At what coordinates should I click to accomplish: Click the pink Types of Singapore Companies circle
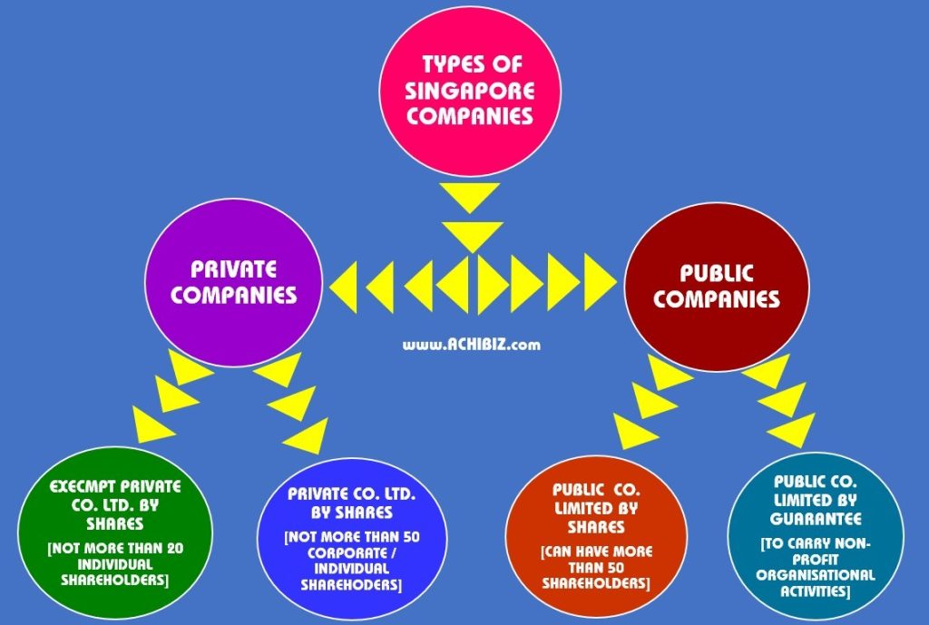point(469,91)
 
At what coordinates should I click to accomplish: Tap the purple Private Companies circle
point(234,282)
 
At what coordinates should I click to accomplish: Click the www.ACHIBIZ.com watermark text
point(472,344)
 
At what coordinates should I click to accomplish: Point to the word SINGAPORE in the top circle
point(469,91)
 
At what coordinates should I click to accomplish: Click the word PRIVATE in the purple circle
point(234,269)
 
